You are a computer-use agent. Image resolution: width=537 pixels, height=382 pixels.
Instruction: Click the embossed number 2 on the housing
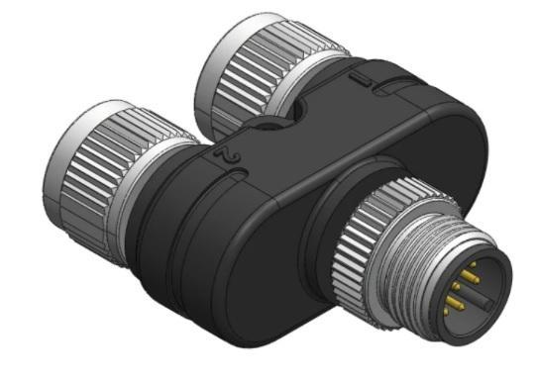coord(228,155)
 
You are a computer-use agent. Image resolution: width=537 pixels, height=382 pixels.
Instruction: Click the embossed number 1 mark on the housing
coord(360,80)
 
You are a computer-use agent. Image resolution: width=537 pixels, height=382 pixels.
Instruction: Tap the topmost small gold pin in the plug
coord(473,264)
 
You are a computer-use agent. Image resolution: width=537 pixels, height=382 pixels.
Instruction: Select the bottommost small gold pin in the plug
coord(446,311)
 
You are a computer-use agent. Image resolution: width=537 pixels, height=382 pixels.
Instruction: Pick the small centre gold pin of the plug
coord(456,285)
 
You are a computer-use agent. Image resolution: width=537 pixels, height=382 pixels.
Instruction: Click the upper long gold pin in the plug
coord(470,276)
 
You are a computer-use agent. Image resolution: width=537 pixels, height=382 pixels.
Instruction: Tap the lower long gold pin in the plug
coord(456,302)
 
